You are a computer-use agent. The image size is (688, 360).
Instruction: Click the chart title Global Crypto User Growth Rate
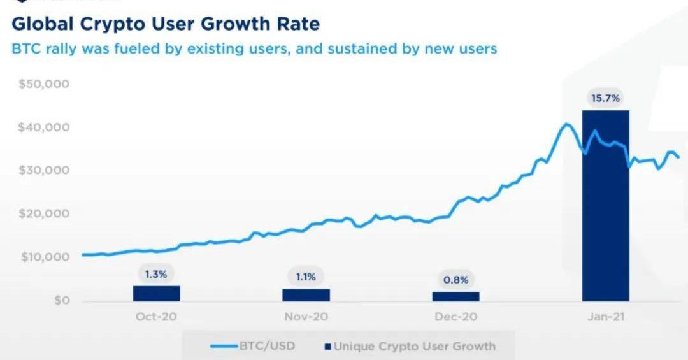166,24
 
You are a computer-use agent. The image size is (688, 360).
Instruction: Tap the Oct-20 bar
156,293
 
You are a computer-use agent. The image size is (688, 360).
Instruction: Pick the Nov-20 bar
306,294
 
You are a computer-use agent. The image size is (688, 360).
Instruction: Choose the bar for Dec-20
455,296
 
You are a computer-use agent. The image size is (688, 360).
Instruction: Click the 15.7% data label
605,99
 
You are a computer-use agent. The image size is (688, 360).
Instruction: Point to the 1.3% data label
156,275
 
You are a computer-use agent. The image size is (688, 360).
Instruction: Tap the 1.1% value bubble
306,277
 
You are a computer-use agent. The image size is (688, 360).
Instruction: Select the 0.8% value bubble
455,279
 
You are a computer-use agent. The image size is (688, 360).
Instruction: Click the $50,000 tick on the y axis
43,84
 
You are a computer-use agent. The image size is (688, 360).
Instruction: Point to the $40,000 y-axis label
43,127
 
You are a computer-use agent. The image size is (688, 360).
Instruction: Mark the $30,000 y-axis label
43,171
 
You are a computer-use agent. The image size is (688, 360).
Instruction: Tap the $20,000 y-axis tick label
43,214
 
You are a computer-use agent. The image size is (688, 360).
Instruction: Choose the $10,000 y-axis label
43,257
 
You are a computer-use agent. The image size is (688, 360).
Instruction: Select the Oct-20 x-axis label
156,317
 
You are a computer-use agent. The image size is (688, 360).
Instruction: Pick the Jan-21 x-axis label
605,317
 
